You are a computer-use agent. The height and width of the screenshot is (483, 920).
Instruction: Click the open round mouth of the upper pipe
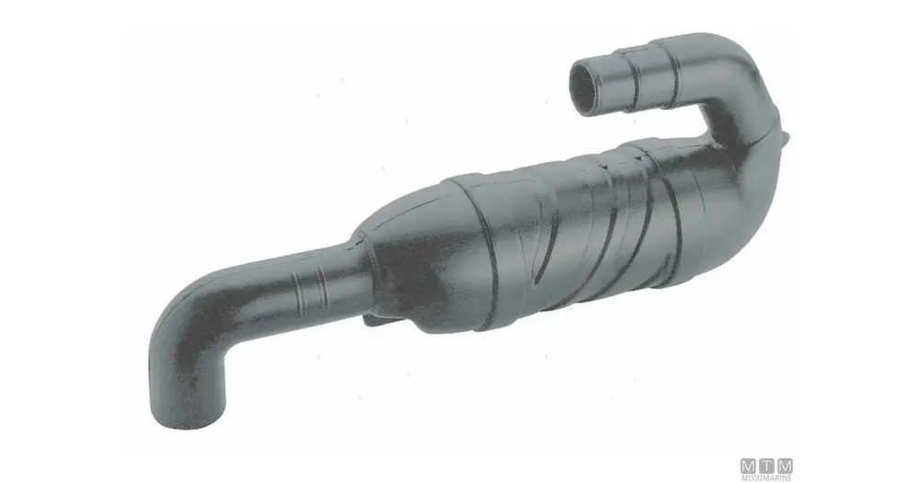coord(585,87)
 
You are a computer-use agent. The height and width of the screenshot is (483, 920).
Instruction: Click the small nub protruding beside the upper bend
coord(784,137)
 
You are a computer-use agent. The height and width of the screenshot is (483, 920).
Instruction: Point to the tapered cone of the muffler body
coord(410,252)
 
